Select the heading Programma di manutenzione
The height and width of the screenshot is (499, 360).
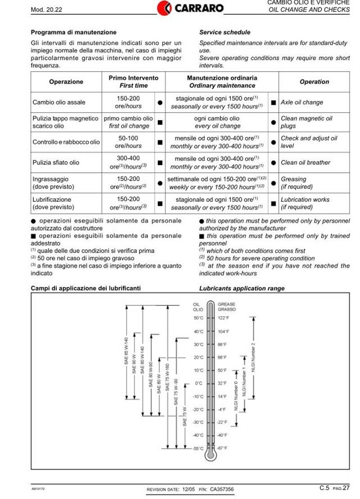(73, 32)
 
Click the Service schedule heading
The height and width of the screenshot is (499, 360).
(225, 32)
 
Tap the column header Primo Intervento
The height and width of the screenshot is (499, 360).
(134, 78)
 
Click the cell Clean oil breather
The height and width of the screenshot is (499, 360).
(306, 163)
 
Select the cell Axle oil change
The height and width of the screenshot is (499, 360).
(301, 102)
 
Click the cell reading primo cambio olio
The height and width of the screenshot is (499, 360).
(128, 118)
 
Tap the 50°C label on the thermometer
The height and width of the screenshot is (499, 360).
(198, 318)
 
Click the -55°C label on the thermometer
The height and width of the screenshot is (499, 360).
(198, 449)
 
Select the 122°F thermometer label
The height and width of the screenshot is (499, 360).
(224, 318)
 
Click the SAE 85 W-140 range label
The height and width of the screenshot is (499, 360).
(126, 356)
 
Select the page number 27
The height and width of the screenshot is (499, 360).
(346, 488)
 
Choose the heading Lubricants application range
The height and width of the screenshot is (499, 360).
(242, 288)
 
